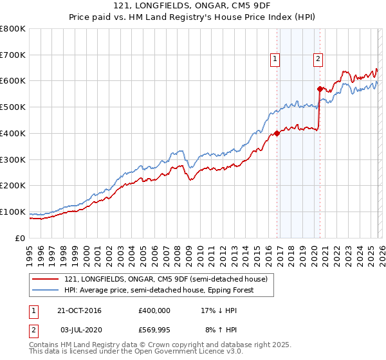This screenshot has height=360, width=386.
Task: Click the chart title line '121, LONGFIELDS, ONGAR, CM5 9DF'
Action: [x=193, y=6]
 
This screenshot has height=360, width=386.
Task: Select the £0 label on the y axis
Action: [x=21, y=238]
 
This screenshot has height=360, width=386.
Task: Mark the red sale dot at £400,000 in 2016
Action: [x=277, y=134]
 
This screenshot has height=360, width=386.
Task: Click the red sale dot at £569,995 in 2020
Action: [x=319, y=89]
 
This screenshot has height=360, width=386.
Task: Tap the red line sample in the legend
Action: [x=46, y=278]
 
